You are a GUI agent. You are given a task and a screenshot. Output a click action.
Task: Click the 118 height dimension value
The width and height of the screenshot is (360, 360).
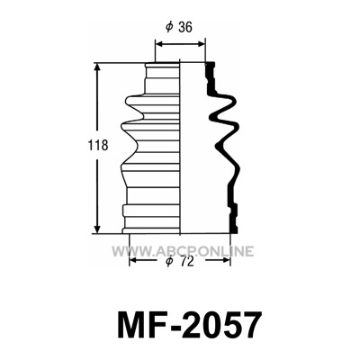[x=98, y=146]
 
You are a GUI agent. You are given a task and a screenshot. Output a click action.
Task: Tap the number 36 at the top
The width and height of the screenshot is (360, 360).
[x=184, y=27]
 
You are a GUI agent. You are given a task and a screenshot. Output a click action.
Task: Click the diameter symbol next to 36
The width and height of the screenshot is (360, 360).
[x=169, y=27]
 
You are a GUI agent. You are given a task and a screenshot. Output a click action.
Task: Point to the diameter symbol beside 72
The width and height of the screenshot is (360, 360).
[x=170, y=262]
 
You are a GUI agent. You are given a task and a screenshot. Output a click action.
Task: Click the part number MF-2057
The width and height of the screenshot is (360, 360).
[x=188, y=325]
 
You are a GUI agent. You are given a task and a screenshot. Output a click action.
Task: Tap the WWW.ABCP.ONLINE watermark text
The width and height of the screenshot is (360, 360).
[x=183, y=251]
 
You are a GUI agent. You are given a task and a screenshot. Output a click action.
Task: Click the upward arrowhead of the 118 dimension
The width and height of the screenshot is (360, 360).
[x=97, y=67]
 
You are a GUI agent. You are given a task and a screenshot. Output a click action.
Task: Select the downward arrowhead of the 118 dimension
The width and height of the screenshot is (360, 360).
[x=97, y=228]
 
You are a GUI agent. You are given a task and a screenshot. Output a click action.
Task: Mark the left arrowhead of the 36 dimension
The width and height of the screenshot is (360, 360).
[x=159, y=44]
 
